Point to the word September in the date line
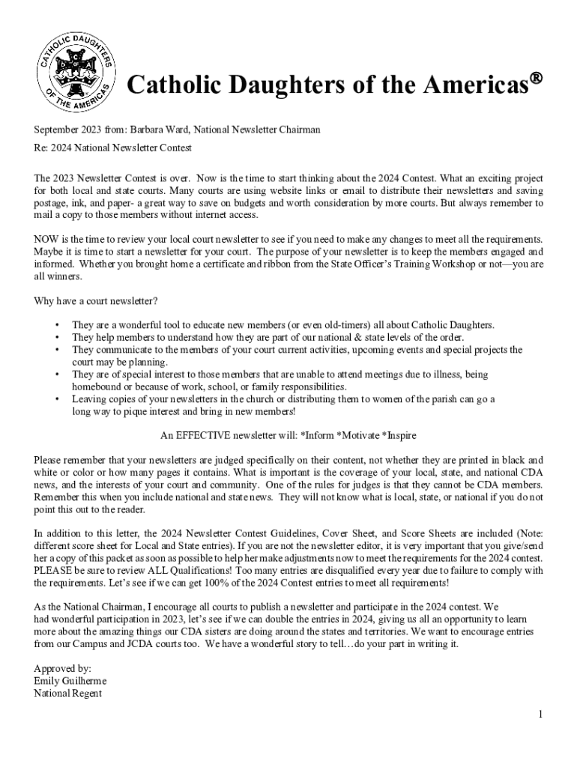tap(58, 130)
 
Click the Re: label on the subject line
tap(42, 148)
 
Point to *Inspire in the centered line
tap(399, 435)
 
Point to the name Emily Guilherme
tap(70, 680)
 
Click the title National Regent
tap(68, 692)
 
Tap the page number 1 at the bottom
tap(540, 715)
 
